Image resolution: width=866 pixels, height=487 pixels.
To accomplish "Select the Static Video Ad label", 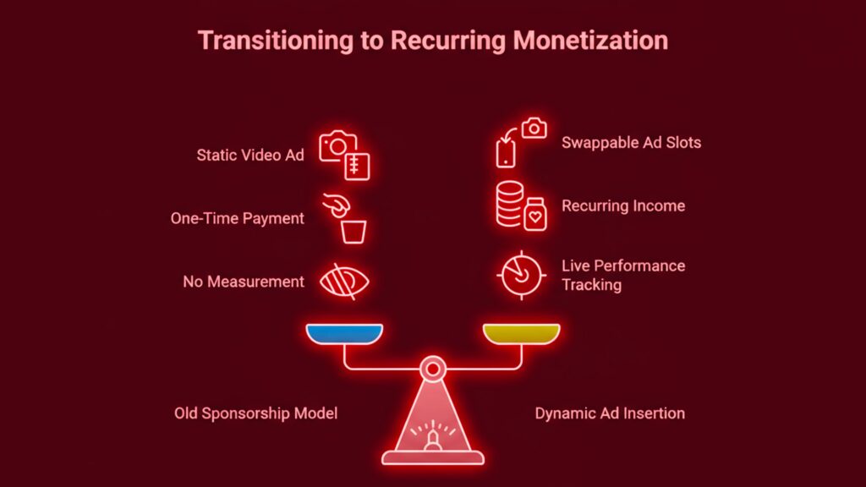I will tap(250, 155).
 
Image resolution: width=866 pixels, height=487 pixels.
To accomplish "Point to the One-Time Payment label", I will tap(237, 218).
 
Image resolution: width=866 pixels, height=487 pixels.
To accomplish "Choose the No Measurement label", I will tap(244, 282).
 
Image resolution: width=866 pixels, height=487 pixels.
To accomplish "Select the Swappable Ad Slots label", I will tap(631, 143).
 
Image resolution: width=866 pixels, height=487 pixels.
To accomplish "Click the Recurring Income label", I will tap(623, 205).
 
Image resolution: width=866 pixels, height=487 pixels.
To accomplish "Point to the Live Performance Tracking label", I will tap(623, 275).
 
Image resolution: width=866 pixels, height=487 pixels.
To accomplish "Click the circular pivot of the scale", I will tap(433, 368).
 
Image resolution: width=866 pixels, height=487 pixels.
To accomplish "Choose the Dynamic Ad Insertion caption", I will tap(610, 413).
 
